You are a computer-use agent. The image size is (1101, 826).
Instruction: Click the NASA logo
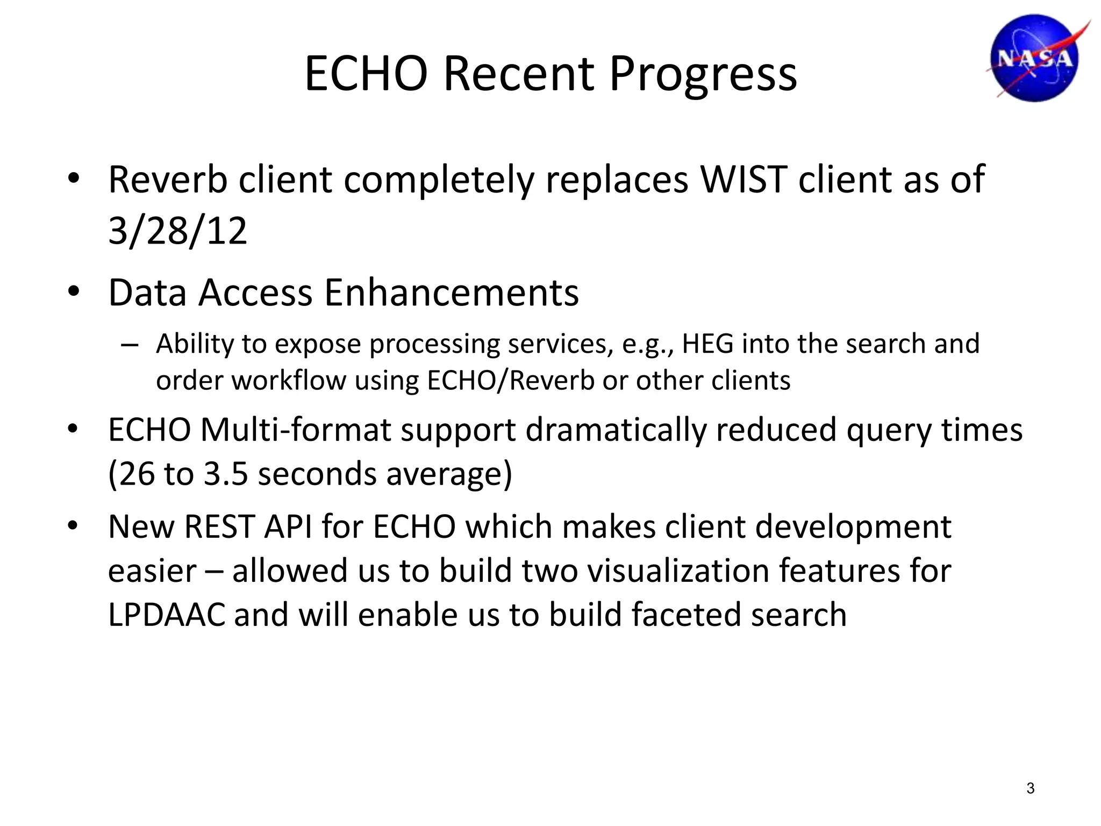[x=1035, y=58]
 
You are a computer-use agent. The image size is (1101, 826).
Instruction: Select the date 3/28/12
[x=177, y=230]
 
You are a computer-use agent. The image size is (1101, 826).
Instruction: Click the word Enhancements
[x=452, y=293]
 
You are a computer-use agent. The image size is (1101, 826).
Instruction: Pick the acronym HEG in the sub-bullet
[x=707, y=344]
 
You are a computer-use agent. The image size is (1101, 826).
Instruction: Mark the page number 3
[x=1030, y=788]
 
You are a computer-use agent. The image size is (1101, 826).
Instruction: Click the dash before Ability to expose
[x=130, y=345]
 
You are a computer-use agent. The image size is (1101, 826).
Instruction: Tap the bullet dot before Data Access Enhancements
[x=74, y=291]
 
